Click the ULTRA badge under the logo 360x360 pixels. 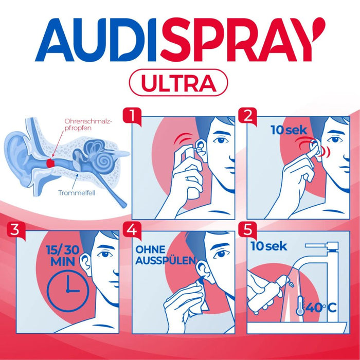point(179,82)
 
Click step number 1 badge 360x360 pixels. point(135,115)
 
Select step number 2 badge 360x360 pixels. point(249,115)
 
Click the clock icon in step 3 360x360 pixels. point(66,291)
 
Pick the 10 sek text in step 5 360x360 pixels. point(268,246)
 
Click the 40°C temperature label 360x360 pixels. point(321,308)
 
